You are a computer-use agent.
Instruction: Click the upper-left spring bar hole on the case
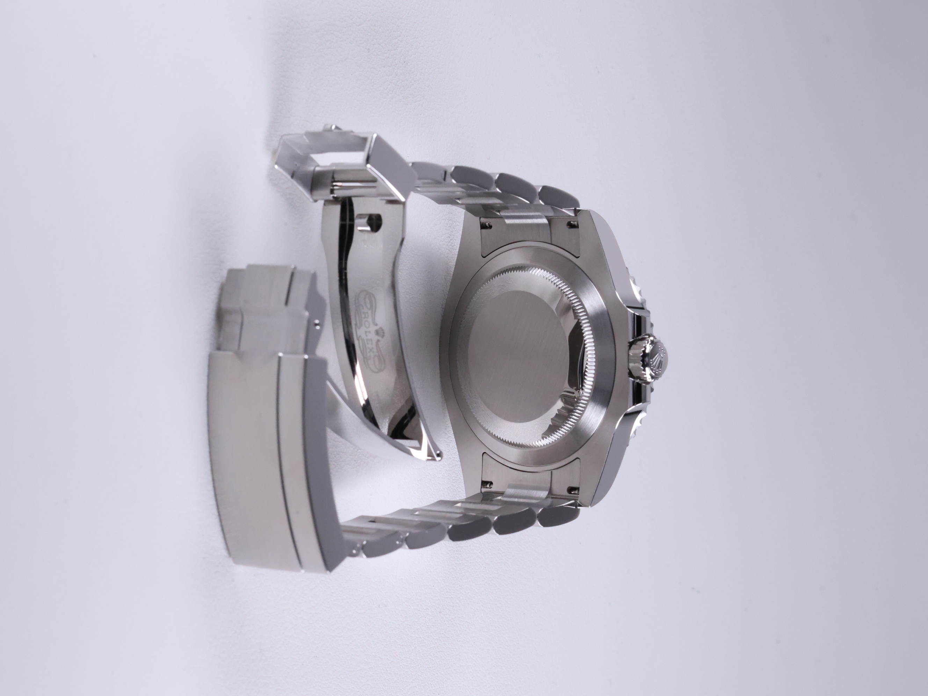[x=487, y=225]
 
